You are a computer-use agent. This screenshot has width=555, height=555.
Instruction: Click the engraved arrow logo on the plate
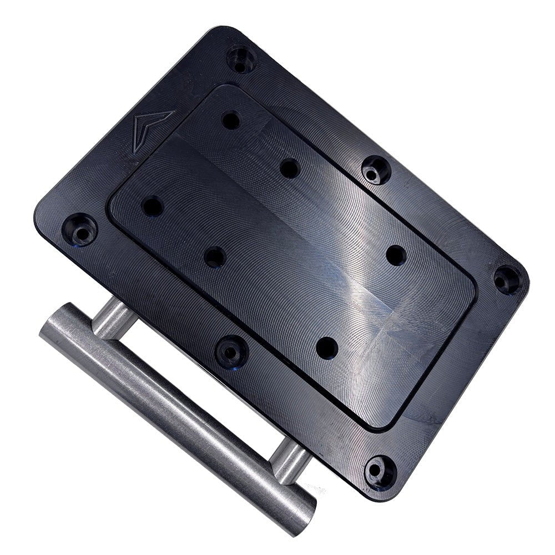pyautogui.click(x=150, y=129)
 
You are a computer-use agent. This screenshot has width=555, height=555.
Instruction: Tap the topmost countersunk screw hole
pyautogui.click(x=241, y=58)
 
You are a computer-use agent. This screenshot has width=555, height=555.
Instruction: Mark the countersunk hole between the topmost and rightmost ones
pyautogui.click(x=376, y=169)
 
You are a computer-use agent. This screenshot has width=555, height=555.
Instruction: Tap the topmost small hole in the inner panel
pyautogui.click(x=230, y=120)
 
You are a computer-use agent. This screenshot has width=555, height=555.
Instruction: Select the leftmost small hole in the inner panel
pyautogui.click(x=152, y=206)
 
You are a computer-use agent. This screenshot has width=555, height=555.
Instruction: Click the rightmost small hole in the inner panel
pyautogui.click(x=396, y=255)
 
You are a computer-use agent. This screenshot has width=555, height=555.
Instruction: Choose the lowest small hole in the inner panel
pyautogui.click(x=327, y=347)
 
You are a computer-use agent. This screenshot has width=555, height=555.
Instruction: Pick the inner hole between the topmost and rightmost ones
pyautogui.click(x=289, y=168)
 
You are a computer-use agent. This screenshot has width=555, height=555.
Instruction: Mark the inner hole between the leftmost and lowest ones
pyautogui.click(x=215, y=257)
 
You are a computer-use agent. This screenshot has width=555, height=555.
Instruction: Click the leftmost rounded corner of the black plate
pyautogui.click(x=39, y=216)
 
